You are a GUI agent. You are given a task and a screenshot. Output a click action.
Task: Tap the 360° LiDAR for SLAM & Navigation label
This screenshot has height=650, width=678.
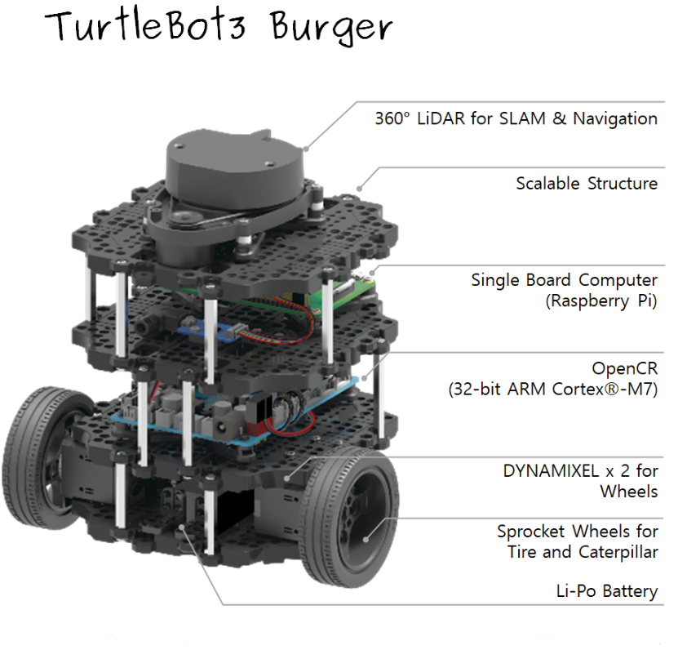[516, 118]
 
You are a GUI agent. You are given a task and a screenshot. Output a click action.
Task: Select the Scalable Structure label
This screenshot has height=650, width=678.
[587, 183]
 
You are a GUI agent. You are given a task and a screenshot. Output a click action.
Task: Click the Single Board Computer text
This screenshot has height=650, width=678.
[564, 280]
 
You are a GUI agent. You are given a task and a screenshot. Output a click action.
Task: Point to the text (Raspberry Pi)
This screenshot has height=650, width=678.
[600, 301]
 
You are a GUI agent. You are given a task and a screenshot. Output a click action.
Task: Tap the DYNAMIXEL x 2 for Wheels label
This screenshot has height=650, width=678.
[580, 471]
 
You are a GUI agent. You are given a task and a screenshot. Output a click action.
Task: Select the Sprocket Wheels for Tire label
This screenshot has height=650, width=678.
[577, 532]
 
